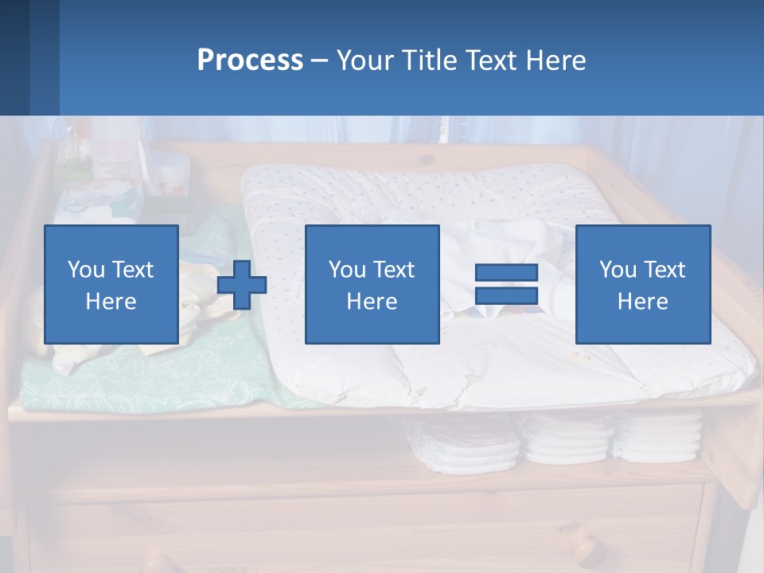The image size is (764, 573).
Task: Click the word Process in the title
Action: coord(250,60)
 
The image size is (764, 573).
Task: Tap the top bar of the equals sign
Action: coord(506,272)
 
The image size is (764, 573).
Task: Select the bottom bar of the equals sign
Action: coord(506,296)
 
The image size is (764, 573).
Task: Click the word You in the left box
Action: coord(87,270)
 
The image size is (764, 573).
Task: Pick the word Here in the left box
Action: coord(111,302)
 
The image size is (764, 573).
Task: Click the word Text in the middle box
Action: coord(396,270)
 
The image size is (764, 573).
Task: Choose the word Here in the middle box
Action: coord(372,302)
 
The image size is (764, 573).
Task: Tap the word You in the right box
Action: coord(618,270)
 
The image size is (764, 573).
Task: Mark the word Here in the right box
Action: coord(642,302)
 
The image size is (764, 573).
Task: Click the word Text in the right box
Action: coord(666,270)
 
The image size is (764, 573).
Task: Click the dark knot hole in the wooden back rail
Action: coord(428,158)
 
